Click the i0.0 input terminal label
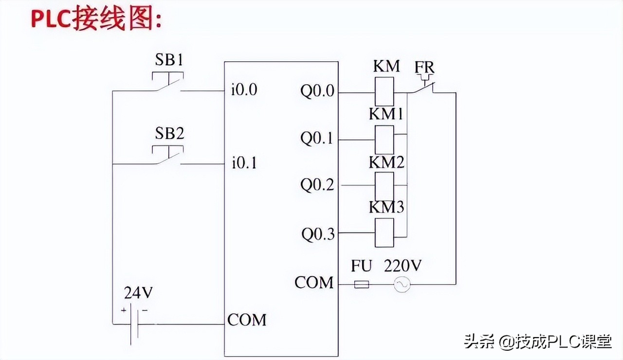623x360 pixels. tap(244, 90)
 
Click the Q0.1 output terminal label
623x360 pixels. tap(317, 139)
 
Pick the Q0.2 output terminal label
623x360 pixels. tap(317, 185)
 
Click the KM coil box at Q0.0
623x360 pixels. tap(384, 91)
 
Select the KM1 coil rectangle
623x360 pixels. tap(384, 140)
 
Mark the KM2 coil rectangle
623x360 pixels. tap(384, 185)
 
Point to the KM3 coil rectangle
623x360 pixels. tap(384, 233)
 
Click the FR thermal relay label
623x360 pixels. tap(424, 67)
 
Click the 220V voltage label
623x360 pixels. tap(403, 266)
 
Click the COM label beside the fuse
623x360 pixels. tap(314, 282)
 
